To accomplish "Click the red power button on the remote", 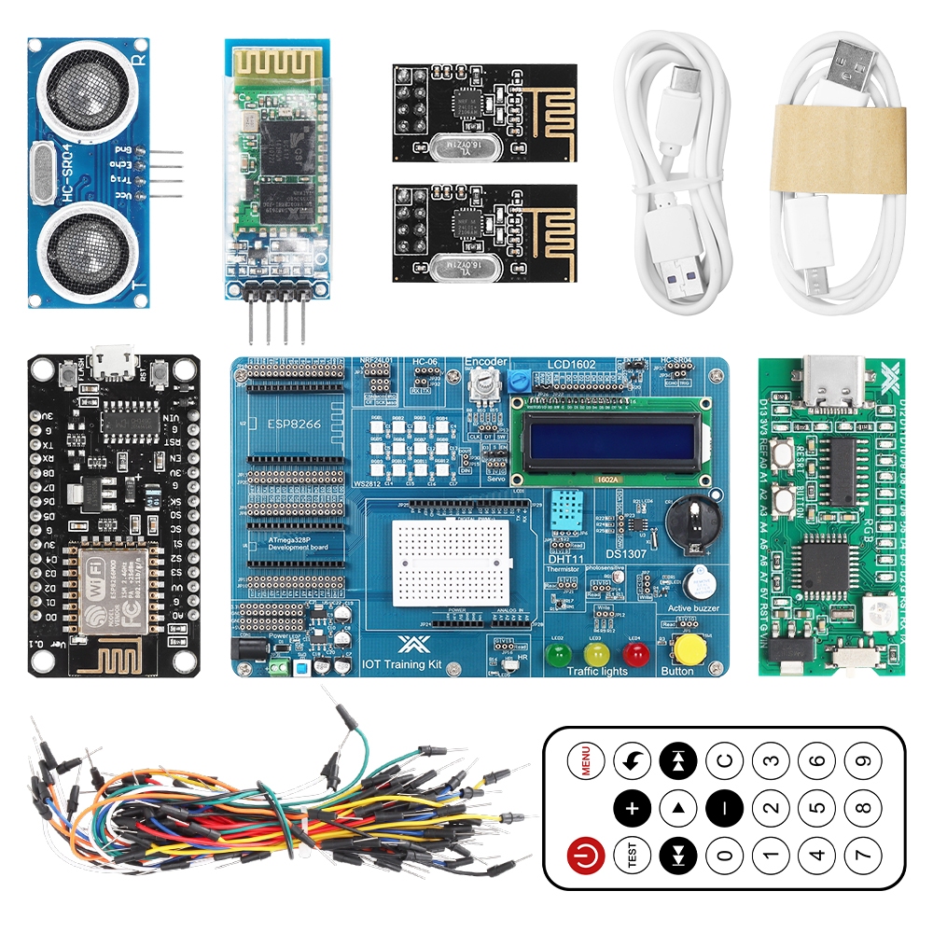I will pyautogui.click(x=585, y=854).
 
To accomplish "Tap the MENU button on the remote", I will pyautogui.click(x=585, y=760).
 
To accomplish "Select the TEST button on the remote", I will pyautogui.click(x=632, y=854).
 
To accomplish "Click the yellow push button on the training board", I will pyautogui.click(x=690, y=648).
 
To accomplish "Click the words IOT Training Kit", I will pyautogui.click(x=403, y=665).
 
